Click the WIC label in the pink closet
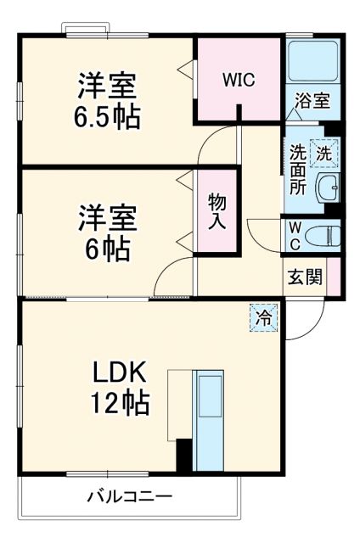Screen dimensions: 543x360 click(x=239, y=81)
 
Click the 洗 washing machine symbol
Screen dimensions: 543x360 click(x=323, y=153)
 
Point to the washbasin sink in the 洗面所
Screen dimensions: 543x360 click(x=327, y=187)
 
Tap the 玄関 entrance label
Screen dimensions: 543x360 click(x=304, y=277)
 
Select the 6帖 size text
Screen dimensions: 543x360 click(x=107, y=247)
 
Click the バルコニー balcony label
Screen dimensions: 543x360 click(x=128, y=496)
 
